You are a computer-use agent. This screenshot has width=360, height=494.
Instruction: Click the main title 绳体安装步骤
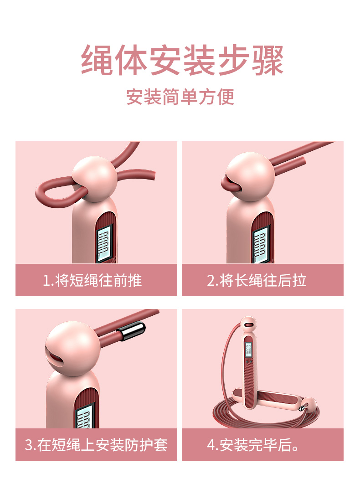pos(182,61)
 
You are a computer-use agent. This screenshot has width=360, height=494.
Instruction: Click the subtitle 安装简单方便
pos(180,97)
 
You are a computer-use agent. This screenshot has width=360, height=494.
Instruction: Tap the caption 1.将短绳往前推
pos(93,280)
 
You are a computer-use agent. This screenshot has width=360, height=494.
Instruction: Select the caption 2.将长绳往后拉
pos(257,280)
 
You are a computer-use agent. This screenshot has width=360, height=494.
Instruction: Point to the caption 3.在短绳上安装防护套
pos(96,444)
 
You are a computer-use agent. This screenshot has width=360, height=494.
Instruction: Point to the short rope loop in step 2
pos(228,183)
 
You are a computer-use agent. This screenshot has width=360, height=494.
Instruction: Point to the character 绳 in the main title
pos(97,61)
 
